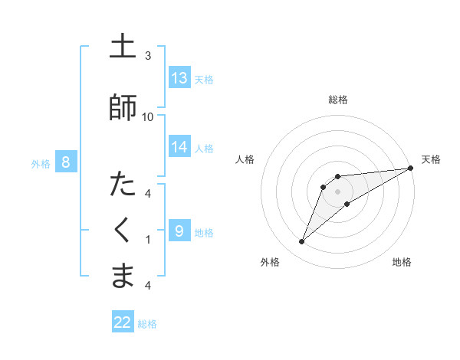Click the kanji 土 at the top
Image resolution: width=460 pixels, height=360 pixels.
coord(123,47)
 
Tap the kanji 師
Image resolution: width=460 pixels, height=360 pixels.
coord(123,106)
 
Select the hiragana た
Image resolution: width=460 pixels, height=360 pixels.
coord(123,185)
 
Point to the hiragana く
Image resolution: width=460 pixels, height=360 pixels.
coord(123,230)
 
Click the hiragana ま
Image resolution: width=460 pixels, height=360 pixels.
coord(123,276)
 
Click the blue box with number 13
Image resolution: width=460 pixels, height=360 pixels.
coord(179,78)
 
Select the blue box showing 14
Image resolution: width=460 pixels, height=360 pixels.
coord(179,146)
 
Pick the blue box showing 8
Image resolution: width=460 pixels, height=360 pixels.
coord(66,162)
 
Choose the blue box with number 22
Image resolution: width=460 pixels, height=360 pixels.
coord(123,322)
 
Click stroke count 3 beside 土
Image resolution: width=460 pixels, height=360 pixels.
coord(148,56)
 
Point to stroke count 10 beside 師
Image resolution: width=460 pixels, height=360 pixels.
coord(148,116)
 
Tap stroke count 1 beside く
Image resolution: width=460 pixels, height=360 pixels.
coord(148,240)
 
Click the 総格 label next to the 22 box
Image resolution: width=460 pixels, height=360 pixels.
coord(147,324)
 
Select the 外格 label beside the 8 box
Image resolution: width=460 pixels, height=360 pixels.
coord(40,163)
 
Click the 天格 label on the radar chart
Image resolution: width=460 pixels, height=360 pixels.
coord(431,159)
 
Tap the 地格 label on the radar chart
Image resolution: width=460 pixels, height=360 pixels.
coord(402,262)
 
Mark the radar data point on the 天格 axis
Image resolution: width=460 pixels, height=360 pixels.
coord(411,168)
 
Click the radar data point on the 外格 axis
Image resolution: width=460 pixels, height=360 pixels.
coord(302,242)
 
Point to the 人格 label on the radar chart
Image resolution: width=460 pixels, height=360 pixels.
coord(245,159)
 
